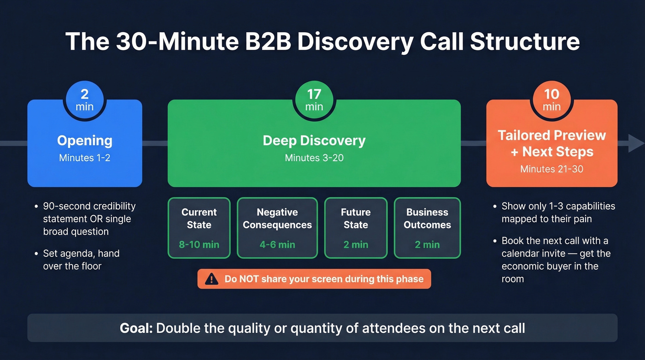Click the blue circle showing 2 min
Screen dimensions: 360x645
(84, 100)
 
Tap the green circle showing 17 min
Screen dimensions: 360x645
(314, 100)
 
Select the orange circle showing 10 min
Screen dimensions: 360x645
(551, 100)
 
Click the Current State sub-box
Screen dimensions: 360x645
(199, 228)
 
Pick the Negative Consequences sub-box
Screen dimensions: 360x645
(277, 228)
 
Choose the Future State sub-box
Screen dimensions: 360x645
(356, 228)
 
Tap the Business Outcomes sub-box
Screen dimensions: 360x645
(427, 228)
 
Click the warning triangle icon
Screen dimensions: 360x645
(211, 279)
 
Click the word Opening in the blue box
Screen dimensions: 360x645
(84, 141)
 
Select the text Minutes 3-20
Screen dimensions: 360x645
(314, 158)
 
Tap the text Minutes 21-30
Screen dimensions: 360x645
(551, 169)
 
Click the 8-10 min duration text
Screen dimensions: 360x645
(199, 244)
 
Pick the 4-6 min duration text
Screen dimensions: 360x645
(277, 244)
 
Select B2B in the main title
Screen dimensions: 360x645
(263, 41)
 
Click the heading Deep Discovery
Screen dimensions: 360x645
(314, 141)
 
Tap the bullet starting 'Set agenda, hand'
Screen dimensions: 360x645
(81, 259)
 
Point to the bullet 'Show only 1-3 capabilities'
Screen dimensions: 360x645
(558, 212)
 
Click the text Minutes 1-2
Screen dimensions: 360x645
(84, 158)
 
